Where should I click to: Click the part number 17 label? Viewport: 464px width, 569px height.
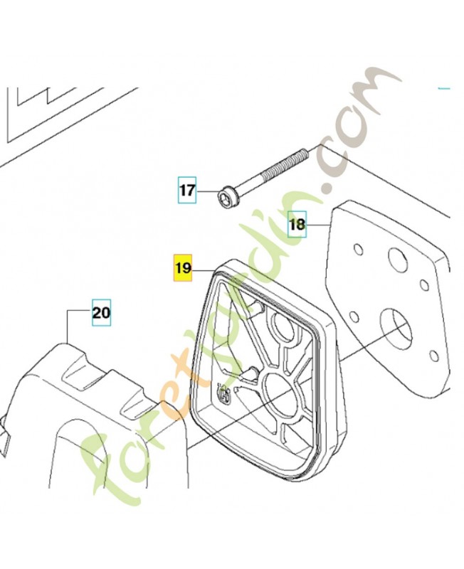tap(187, 190)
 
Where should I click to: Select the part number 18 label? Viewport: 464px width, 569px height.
tap(297, 224)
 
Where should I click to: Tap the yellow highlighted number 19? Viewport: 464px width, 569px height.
tap(183, 268)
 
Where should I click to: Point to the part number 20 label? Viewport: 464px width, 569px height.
tap(101, 312)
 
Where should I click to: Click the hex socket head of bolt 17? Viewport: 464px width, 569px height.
tap(224, 198)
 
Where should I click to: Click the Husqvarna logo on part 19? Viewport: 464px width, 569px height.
tap(223, 393)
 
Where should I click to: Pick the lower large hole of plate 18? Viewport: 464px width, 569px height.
tap(396, 327)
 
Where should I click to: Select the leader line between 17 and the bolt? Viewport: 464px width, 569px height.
tap(207, 192)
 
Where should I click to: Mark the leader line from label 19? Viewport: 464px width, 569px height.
tap(204, 270)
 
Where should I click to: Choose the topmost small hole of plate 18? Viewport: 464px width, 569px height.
tap(358, 250)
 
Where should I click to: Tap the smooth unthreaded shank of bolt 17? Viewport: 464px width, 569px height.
tap(247, 184)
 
